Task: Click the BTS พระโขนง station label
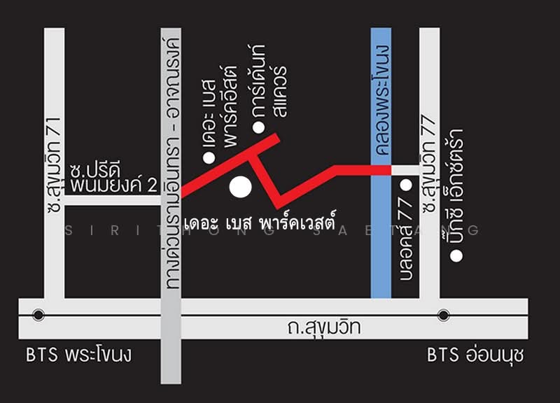point(78,356)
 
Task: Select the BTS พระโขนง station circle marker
point(38,314)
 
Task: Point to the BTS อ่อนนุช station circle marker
point(442,314)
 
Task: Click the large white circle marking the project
point(240,187)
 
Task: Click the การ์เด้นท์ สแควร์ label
point(270,81)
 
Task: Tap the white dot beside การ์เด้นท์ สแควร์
point(258,127)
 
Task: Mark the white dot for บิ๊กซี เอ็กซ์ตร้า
point(456,256)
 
